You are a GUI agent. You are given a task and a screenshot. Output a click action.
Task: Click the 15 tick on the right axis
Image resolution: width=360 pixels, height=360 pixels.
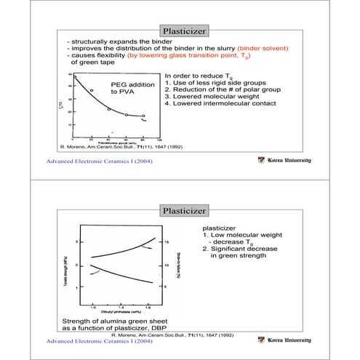click(167, 241)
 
